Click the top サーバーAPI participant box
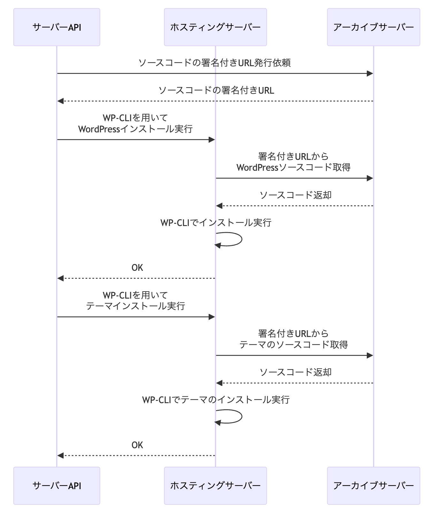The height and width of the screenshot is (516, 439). tap(57, 27)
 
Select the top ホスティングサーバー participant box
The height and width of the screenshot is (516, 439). tap(215, 27)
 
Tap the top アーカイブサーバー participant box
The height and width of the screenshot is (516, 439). tap(373, 27)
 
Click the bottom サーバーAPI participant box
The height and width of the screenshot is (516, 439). tap(57, 485)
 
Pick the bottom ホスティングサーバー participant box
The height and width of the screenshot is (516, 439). tap(215, 485)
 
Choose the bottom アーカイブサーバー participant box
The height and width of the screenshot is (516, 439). tap(373, 485)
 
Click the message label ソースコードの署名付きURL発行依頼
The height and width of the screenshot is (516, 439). tap(214, 63)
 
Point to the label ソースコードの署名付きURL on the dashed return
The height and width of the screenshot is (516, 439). tap(216, 90)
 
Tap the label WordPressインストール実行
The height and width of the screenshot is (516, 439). tap(135, 129)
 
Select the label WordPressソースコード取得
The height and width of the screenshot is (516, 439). tap(293, 167)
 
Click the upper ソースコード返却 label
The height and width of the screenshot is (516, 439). tap(295, 195)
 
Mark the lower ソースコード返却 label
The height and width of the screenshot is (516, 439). tap(295, 372)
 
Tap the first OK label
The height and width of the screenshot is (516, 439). tap(137, 268)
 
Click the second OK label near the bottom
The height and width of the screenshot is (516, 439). tap(137, 445)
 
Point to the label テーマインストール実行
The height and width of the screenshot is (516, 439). tap(135, 306)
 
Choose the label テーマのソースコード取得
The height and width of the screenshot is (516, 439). tap(293, 344)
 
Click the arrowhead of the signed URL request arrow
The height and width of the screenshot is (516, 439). tap(370, 74)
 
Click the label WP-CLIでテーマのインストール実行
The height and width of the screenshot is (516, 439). tap(216, 400)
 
